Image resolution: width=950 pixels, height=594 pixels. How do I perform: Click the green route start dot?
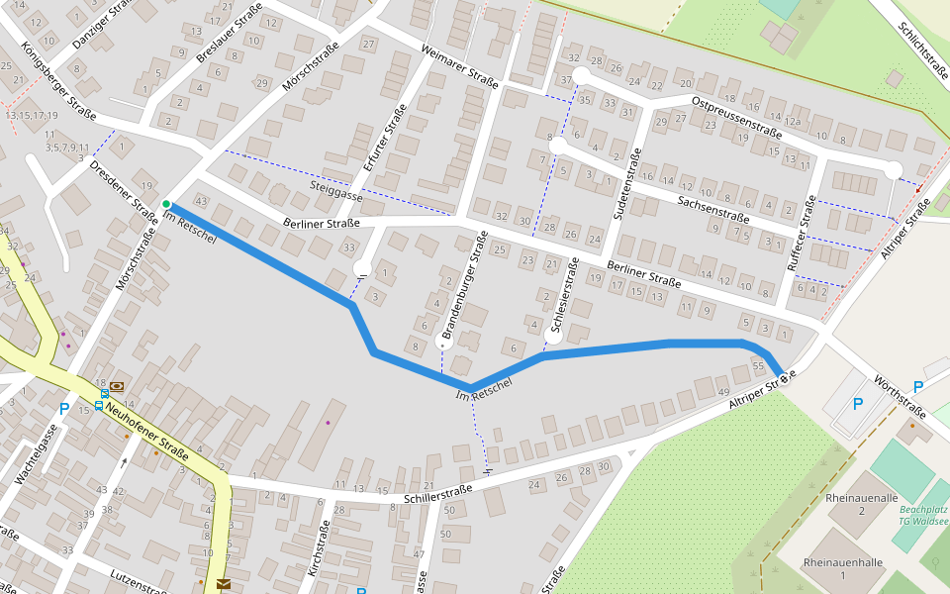[x=166, y=204]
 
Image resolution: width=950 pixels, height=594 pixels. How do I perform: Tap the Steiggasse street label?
[x=336, y=191]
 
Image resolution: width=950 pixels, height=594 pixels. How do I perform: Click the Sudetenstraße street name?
[x=626, y=184]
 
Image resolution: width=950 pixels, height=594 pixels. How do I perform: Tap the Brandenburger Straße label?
[x=465, y=288]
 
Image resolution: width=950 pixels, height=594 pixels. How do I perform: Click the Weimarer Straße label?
[x=458, y=66]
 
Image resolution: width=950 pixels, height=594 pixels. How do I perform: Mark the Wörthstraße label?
[x=901, y=397]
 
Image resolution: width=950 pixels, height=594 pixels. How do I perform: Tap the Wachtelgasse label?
[x=33, y=451]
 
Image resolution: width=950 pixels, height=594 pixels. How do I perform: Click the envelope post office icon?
[x=224, y=584]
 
